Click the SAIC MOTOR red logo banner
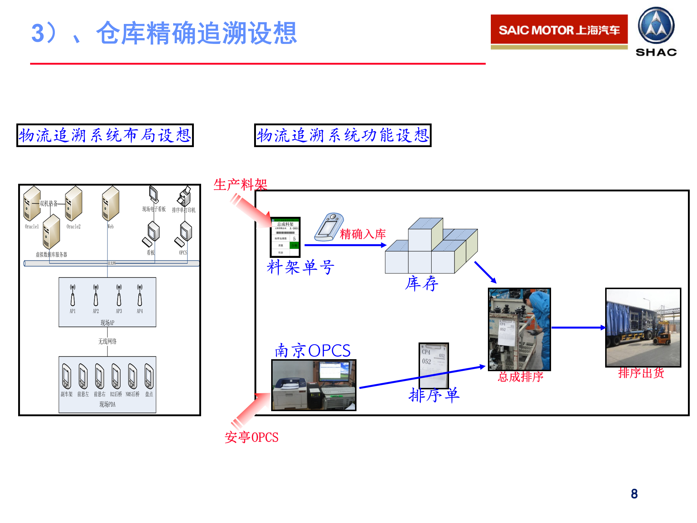click(559, 30)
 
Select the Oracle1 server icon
click(32, 203)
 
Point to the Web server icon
click(110, 203)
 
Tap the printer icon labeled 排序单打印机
click(184, 196)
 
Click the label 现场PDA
click(107, 404)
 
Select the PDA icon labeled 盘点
click(149, 376)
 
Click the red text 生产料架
click(240, 185)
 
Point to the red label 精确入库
click(363, 234)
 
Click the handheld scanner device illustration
click(329, 227)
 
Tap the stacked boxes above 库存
click(431, 247)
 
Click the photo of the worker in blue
click(519, 329)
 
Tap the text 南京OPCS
click(313, 351)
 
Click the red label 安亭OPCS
click(252, 437)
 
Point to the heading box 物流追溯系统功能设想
click(343, 135)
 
